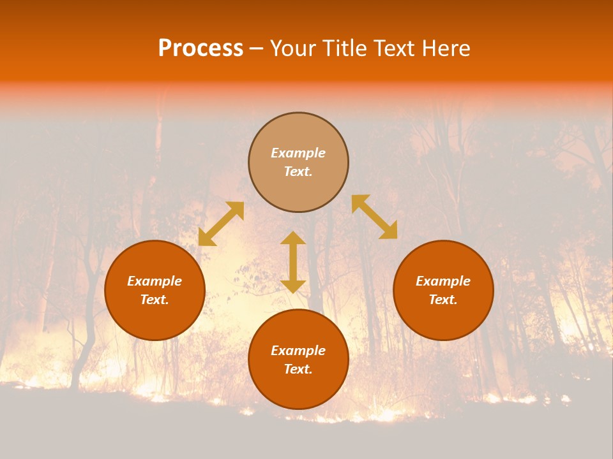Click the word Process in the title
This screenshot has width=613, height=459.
tap(201, 48)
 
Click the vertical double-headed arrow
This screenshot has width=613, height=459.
tap(293, 262)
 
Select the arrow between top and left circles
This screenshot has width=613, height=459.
tap(221, 224)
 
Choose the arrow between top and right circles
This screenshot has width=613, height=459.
tap(374, 217)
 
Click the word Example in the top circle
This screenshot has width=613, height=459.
tap(298, 153)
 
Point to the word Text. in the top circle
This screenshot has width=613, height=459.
tap(298, 171)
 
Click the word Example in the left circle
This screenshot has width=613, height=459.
tap(155, 281)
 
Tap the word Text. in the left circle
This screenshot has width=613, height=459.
tap(155, 300)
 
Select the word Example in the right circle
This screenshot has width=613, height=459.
tap(443, 281)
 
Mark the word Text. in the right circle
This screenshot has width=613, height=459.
tap(443, 300)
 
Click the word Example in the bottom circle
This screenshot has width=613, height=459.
tap(298, 351)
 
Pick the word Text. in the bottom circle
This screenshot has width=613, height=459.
tap(298, 369)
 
